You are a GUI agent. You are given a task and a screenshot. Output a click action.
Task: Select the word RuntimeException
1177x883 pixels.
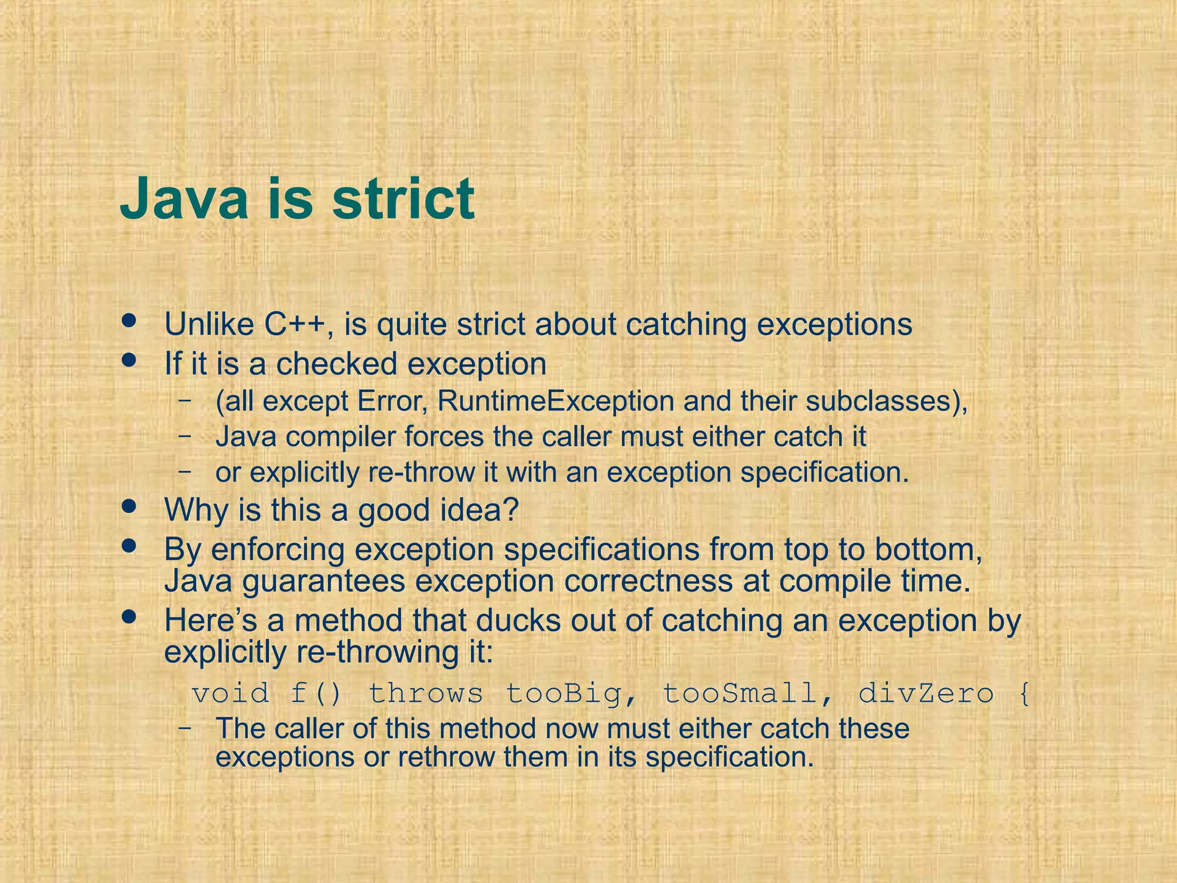(556, 401)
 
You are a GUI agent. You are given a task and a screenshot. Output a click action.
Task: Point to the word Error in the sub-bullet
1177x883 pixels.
(391, 401)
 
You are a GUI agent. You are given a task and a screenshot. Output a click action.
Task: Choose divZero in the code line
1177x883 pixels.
(926, 693)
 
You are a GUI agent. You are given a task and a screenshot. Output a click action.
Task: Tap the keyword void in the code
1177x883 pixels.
(230, 693)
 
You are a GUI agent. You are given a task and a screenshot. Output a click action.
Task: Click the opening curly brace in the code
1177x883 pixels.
(1024, 693)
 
